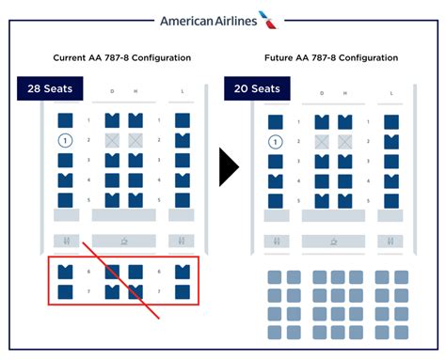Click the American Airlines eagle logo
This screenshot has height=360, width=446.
point(269,19)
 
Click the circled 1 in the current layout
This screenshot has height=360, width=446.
point(66,141)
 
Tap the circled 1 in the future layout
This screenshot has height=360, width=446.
point(274,141)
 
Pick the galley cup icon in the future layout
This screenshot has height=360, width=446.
point(334,242)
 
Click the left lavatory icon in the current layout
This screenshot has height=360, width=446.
point(66,242)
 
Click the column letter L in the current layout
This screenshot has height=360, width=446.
point(182,93)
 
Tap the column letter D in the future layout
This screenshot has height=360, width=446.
point(322,93)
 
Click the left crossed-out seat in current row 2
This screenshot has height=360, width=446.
point(113,141)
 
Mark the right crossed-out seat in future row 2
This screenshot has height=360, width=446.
point(344,141)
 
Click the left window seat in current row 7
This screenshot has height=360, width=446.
point(66,291)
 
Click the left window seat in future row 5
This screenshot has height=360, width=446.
point(274,199)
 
